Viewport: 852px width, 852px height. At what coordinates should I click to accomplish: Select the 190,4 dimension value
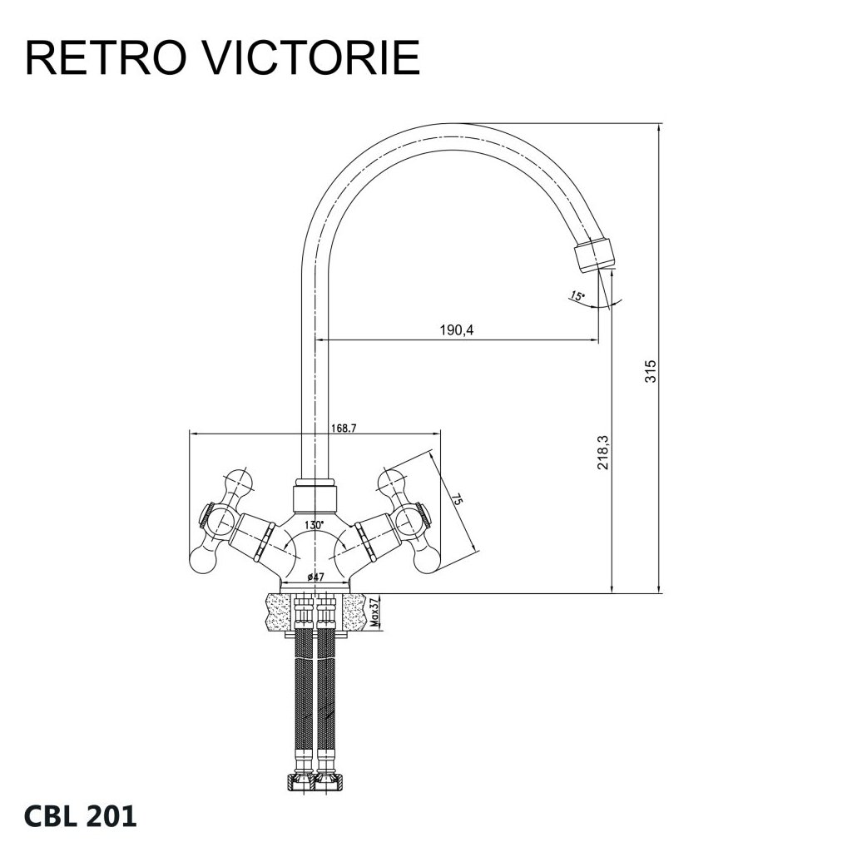(457, 331)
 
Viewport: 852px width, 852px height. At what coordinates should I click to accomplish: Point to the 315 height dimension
(651, 370)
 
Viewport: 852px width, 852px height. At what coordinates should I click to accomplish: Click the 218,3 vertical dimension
(605, 451)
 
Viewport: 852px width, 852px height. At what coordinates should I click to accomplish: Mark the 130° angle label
(314, 525)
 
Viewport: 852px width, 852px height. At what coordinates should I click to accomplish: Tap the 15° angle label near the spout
(577, 295)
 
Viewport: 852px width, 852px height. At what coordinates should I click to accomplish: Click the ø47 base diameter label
(315, 577)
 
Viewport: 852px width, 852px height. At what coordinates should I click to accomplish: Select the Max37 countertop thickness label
(375, 612)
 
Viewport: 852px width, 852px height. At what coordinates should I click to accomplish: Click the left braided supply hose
(305, 707)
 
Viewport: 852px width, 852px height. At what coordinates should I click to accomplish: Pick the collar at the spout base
(315, 498)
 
